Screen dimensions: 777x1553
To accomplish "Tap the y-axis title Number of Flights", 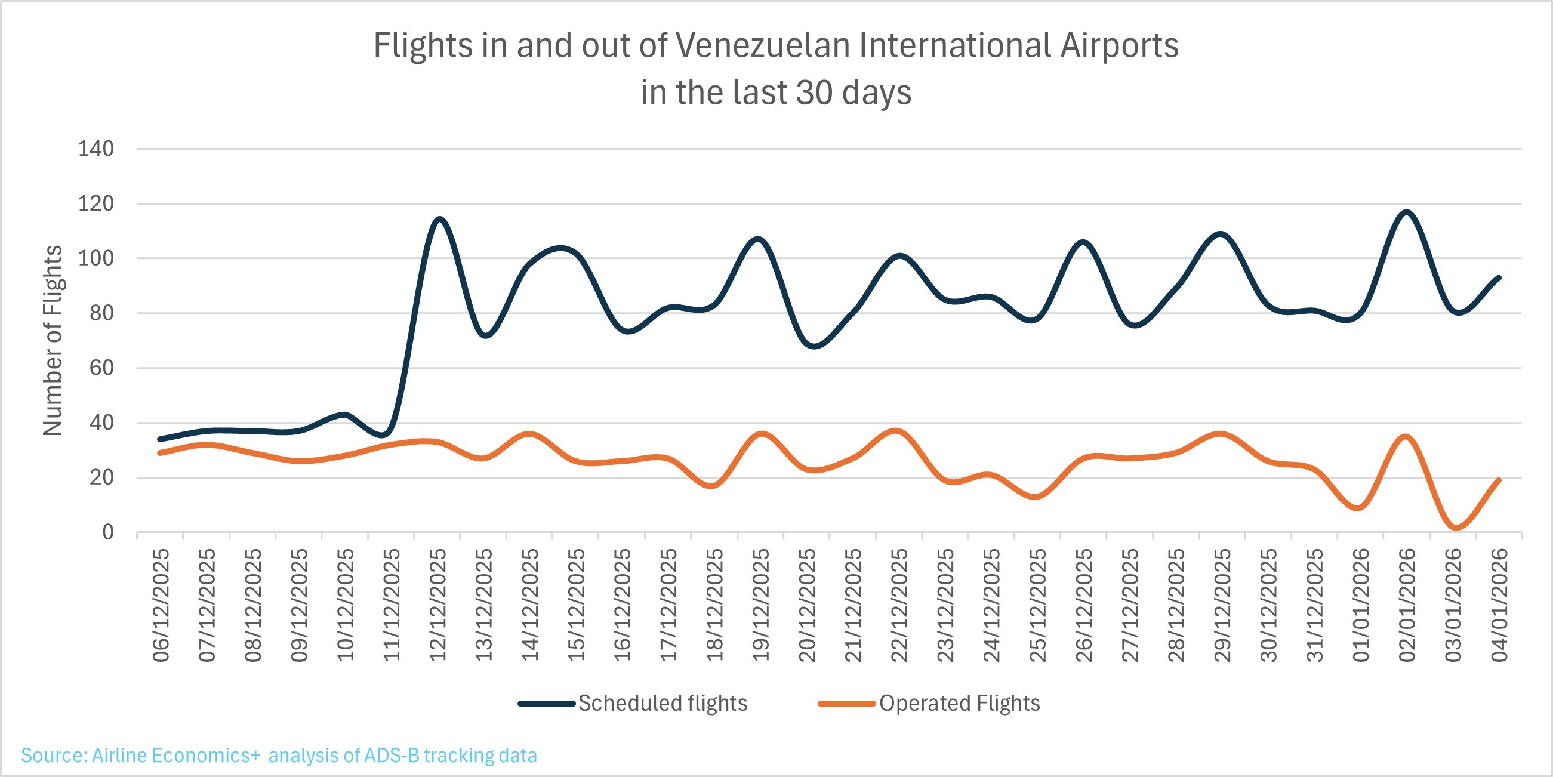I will pyautogui.click(x=53, y=341).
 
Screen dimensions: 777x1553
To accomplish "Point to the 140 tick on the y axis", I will pyautogui.click(x=95, y=148).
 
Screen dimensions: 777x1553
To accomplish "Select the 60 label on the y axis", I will pyautogui.click(x=101, y=368).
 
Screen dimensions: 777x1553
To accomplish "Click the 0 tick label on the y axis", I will pyautogui.click(x=107, y=532).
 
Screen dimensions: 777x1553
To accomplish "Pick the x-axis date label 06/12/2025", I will pyautogui.click(x=161, y=605).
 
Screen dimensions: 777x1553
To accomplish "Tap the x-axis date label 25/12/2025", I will pyautogui.click(x=1037, y=605).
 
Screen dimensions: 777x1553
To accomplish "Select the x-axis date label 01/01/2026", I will pyautogui.click(x=1361, y=605).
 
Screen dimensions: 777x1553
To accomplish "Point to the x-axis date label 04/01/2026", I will pyautogui.click(x=1499, y=605).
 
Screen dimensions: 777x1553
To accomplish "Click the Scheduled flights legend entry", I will pyautogui.click(x=662, y=704).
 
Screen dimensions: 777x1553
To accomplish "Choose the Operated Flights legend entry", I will pyautogui.click(x=959, y=704).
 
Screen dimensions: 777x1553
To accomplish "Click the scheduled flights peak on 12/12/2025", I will pyautogui.click(x=439, y=219).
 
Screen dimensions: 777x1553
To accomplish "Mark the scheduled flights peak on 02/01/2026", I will pyautogui.click(x=1407, y=212).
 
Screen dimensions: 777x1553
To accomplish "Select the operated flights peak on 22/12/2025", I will pyautogui.click(x=897, y=431).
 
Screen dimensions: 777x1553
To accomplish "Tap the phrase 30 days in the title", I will pyautogui.click(x=853, y=92).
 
